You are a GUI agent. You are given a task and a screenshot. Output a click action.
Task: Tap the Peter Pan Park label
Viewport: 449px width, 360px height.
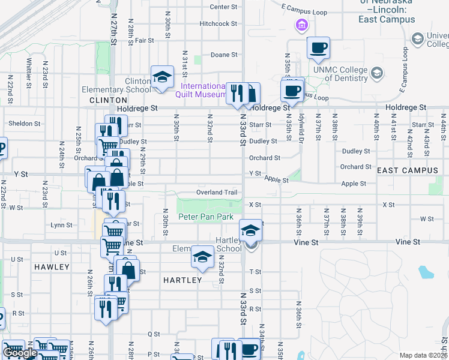click(x=205, y=217)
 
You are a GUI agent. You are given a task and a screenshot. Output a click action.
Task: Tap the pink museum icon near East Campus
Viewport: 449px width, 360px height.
click(x=301, y=25)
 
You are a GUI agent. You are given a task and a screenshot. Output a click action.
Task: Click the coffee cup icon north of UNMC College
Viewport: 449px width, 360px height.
click(x=318, y=47)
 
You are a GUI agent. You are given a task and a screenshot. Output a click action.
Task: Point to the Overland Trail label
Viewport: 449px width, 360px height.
click(x=217, y=193)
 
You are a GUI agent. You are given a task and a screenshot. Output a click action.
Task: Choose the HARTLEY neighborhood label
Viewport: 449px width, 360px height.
click(x=182, y=280)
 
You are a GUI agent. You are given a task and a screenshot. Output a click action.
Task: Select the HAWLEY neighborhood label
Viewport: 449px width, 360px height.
click(x=52, y=266)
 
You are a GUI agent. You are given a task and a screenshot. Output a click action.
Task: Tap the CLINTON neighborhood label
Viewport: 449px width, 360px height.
click(x=108, y=100)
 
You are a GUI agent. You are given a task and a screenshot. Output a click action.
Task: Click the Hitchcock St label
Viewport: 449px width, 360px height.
click(x=218, y=24)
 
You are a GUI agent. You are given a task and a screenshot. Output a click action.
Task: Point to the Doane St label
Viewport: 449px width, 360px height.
click(x=224, y=55)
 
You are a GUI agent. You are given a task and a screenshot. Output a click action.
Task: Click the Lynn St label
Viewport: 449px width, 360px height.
click(x=61, y=225)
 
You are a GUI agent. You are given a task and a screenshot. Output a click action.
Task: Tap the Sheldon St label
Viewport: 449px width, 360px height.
click(x=24, y=124)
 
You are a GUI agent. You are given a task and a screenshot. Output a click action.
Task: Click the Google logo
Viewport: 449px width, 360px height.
click(x=20, y=353)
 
